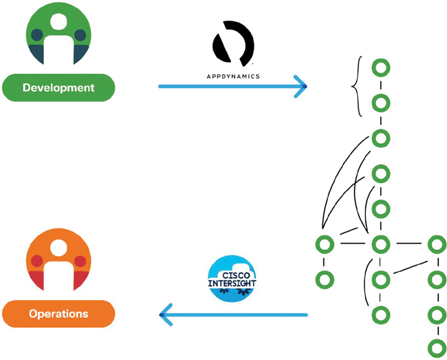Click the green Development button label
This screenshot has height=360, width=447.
pos(58,88)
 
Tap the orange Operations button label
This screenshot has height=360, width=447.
pos(58,314)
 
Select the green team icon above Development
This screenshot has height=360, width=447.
pos(58,38)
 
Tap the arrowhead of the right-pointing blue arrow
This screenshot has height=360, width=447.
pos(301,87)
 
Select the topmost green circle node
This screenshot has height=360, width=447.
pos(380,68)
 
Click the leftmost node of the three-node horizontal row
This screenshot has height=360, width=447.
pos(324,244)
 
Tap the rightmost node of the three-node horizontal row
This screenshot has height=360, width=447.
pos(436,244)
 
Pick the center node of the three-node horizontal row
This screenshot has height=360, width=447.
pos(380,244)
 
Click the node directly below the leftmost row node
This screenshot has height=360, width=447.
pos(324,279)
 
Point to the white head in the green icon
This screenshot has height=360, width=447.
pos(58,22)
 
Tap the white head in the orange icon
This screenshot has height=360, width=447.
pos(58,248)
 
